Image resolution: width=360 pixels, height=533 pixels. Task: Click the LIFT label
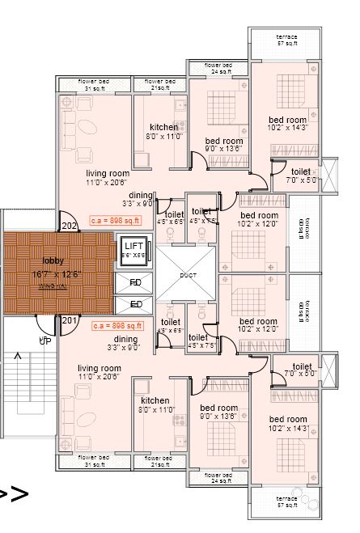coord(133,246)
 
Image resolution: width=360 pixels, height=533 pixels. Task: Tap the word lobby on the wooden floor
coord(54,261)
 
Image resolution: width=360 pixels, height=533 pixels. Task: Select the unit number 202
coord(69,226)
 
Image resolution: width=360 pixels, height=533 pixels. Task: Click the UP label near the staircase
coord(44,341)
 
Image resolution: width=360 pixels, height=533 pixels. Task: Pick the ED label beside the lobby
coord(135,305)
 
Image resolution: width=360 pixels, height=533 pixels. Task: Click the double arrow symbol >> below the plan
coord(14,493)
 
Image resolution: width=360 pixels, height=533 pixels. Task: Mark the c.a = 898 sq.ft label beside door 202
coord(115,220)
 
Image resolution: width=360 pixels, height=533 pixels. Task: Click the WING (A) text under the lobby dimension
coord(54,285)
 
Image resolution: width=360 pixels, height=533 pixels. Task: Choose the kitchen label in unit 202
coord(164,127)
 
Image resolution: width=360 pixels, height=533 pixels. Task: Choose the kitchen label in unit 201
coord(155,400)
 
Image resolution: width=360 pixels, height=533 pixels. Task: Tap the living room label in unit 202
coord(108,173)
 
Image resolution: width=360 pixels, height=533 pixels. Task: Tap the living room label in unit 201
coord(100,368)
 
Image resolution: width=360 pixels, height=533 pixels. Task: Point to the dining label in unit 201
coord(125,339)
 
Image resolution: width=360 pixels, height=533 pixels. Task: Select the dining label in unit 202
coord(140,195)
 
